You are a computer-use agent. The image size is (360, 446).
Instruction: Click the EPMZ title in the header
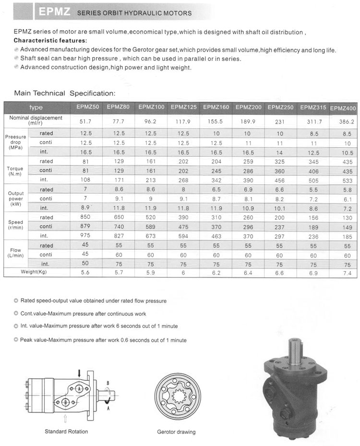[x=55, y=12]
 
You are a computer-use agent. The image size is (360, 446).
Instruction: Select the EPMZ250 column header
[x=280, y=107]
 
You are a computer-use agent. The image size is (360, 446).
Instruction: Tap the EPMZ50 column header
[x=87, y=107]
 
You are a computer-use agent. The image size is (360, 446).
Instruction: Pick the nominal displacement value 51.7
[x=87, y=122]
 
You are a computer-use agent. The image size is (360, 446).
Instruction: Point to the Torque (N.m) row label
[x=15, y=171]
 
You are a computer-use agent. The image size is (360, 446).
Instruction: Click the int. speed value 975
[x=87, y=236]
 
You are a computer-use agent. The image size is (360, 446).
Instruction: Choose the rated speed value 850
[x=87, y=217]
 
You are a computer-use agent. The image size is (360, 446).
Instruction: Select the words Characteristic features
[x=50, y=41]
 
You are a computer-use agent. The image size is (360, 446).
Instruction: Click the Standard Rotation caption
[x=66, y=432]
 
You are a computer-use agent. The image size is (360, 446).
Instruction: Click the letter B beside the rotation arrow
[x=108, y=383]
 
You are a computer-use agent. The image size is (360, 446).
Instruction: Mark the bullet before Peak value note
[x=16, y=340]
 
